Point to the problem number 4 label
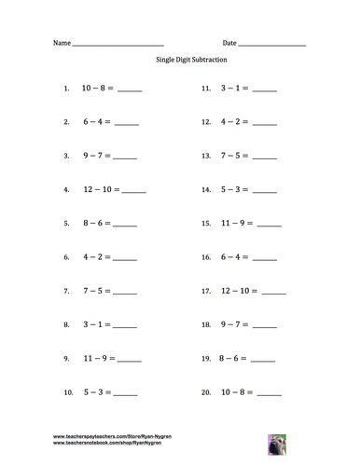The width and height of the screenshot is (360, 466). [66, 190]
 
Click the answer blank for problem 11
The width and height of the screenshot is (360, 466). [265, 91]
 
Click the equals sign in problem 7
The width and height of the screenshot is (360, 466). [108, 291]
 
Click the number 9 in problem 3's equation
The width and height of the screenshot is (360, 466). [86, 157]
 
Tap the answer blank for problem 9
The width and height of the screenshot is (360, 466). [129, 359]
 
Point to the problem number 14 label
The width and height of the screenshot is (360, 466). [206, 190]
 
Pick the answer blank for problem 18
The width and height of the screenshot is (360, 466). [266, 325]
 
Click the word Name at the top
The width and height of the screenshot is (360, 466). [61, 44]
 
